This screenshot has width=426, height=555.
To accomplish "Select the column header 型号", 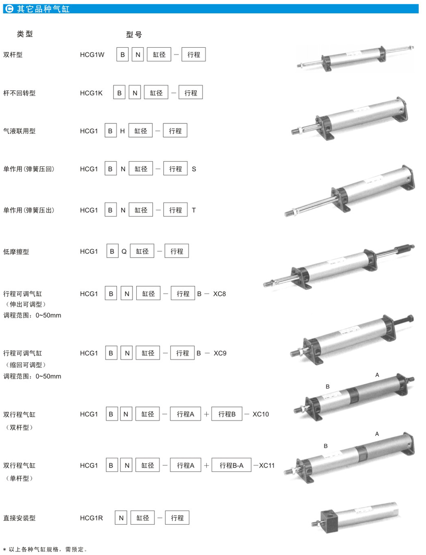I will (134, 35).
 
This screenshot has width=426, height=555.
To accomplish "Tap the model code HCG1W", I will (92, 55).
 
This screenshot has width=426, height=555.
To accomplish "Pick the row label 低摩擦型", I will (16, 251).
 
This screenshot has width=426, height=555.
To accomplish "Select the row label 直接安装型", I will (19, 518).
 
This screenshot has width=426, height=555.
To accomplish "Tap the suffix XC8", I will (220, 294).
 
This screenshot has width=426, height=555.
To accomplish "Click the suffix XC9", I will (220, 353).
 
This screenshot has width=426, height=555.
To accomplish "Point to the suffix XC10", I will (260, 414).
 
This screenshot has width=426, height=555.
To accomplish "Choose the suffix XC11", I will (267, 465).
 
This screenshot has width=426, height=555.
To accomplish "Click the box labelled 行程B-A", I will (231, 466).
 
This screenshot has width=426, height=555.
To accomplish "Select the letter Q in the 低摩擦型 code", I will (124, 251).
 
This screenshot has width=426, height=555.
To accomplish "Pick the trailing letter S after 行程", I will (194, 169).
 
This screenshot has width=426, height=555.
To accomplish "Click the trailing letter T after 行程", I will (194, 209).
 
